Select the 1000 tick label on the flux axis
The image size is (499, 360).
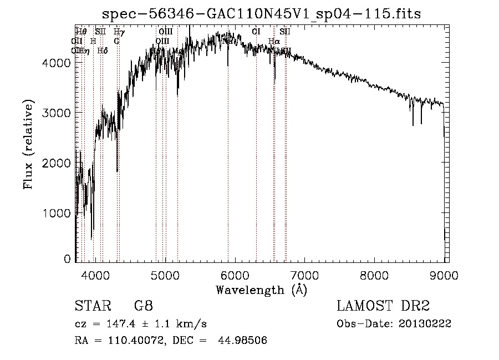[x=57, y=213]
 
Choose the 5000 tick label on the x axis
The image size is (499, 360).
[x=165, y=275]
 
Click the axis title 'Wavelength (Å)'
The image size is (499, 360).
[x=261, y=289]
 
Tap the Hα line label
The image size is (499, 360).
[x=274, y=41]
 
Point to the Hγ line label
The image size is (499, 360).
[x=119, y=32]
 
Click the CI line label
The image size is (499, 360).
[x=256, y=32]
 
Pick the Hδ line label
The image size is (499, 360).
[x=103, y=50]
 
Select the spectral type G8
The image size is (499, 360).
[x=144, y=306]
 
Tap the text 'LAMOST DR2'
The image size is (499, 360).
[x=383, y=306]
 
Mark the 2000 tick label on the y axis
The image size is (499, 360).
[x=57, y=163]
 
